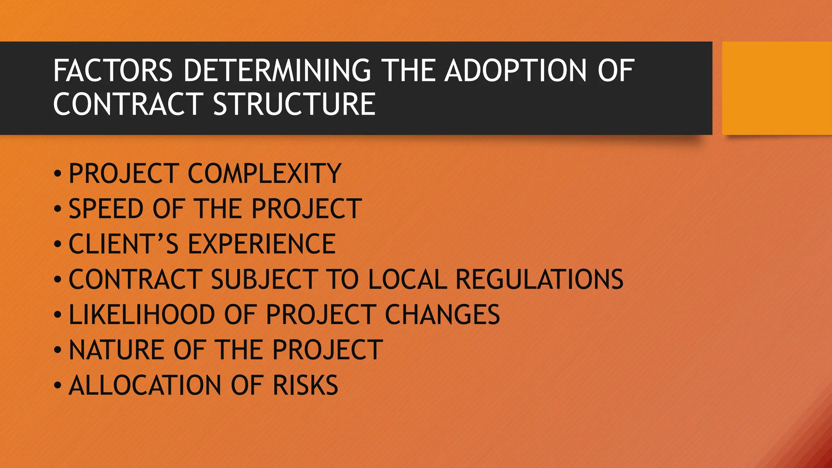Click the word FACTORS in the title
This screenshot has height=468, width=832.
(x=113, y=71)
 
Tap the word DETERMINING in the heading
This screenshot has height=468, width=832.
(x=277, y=71)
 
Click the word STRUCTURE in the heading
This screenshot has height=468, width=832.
(x=295, y=104)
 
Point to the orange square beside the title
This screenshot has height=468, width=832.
(x=777, y=88)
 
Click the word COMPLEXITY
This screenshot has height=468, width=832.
(x=264, y=174)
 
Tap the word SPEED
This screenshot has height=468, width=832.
(x=106, y=209)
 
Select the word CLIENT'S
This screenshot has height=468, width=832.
(x=123, y=245)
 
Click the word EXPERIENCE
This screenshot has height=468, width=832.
(x=262, y=245)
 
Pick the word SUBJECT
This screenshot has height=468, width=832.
(x=264, y=279)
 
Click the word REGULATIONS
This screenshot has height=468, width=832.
(x=539, y=279)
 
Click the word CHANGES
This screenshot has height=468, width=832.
(x=442, y=315)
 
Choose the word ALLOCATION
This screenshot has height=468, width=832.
(x=145, y=386)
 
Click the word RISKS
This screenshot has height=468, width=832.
(x=305, y=386)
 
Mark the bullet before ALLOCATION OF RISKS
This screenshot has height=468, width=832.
(x=58, y=386)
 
